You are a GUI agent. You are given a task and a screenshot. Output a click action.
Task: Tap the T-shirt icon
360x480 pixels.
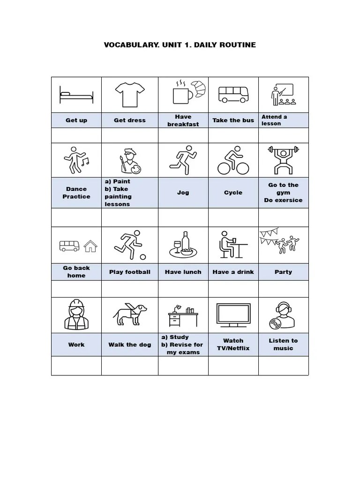129,94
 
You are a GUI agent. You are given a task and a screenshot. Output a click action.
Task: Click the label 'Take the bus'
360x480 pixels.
233,120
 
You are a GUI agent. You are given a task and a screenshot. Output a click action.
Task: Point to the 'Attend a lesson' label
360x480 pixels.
275,120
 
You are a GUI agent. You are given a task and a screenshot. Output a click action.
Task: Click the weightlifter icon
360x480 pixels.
283,160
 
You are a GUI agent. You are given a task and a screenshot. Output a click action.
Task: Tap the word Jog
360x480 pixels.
183,193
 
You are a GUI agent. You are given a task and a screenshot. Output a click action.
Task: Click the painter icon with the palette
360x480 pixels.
129,161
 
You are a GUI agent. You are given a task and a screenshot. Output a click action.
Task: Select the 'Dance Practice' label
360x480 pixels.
76,193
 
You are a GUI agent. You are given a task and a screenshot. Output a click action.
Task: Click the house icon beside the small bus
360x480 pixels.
90,246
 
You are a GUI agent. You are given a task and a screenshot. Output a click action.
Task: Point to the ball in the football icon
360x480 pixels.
143,257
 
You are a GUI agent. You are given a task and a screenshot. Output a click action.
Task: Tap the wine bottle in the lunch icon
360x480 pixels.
185,241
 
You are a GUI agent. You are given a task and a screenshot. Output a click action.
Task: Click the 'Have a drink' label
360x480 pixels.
233,272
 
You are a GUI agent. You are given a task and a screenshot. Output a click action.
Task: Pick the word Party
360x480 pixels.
283,272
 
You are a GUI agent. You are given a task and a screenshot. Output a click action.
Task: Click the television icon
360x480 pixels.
233,315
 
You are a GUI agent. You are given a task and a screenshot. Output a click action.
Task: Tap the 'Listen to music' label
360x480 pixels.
283,345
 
